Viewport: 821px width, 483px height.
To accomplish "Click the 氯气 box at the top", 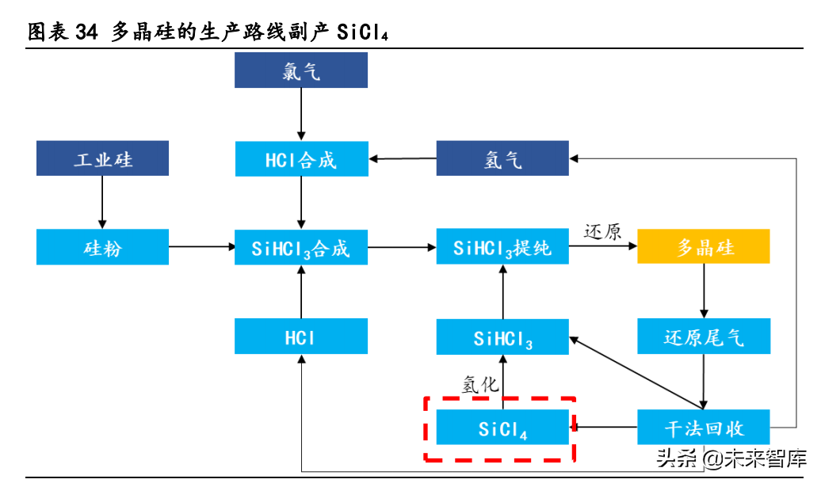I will [x=301, y=70].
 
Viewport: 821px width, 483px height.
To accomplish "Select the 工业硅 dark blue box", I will [x=102, y=158].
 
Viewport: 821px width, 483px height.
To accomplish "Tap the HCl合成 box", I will [x=301, y=159].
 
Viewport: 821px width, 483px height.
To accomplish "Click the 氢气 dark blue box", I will [x=502, y=159].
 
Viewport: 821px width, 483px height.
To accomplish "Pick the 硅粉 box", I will [x=102, y=247].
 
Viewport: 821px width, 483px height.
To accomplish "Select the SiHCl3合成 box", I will [x=301, y=248].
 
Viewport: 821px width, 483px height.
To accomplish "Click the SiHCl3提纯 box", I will [x=502, y=247].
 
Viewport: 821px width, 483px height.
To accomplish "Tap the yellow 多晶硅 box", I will [x=704, y=247].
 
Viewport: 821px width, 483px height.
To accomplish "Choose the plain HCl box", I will [x=301, y=337].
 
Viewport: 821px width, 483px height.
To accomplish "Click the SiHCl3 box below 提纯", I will [x=502, y=337].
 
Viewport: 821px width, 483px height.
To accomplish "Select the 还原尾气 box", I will [x=704, y=337].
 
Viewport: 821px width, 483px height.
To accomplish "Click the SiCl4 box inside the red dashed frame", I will [x=502, y=428].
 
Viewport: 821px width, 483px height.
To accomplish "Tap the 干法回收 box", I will [x=704, y=428].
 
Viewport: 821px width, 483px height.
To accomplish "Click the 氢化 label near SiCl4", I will [x=480, y=385].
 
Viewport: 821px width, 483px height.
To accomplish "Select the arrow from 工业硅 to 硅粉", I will [x=102, y=203].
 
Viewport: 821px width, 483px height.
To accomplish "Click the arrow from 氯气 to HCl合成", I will [x=301, y=115].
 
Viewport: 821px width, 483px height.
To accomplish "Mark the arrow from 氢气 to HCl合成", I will [x=403, y=159].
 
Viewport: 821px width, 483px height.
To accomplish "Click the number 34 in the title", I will [x=86, y=32].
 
